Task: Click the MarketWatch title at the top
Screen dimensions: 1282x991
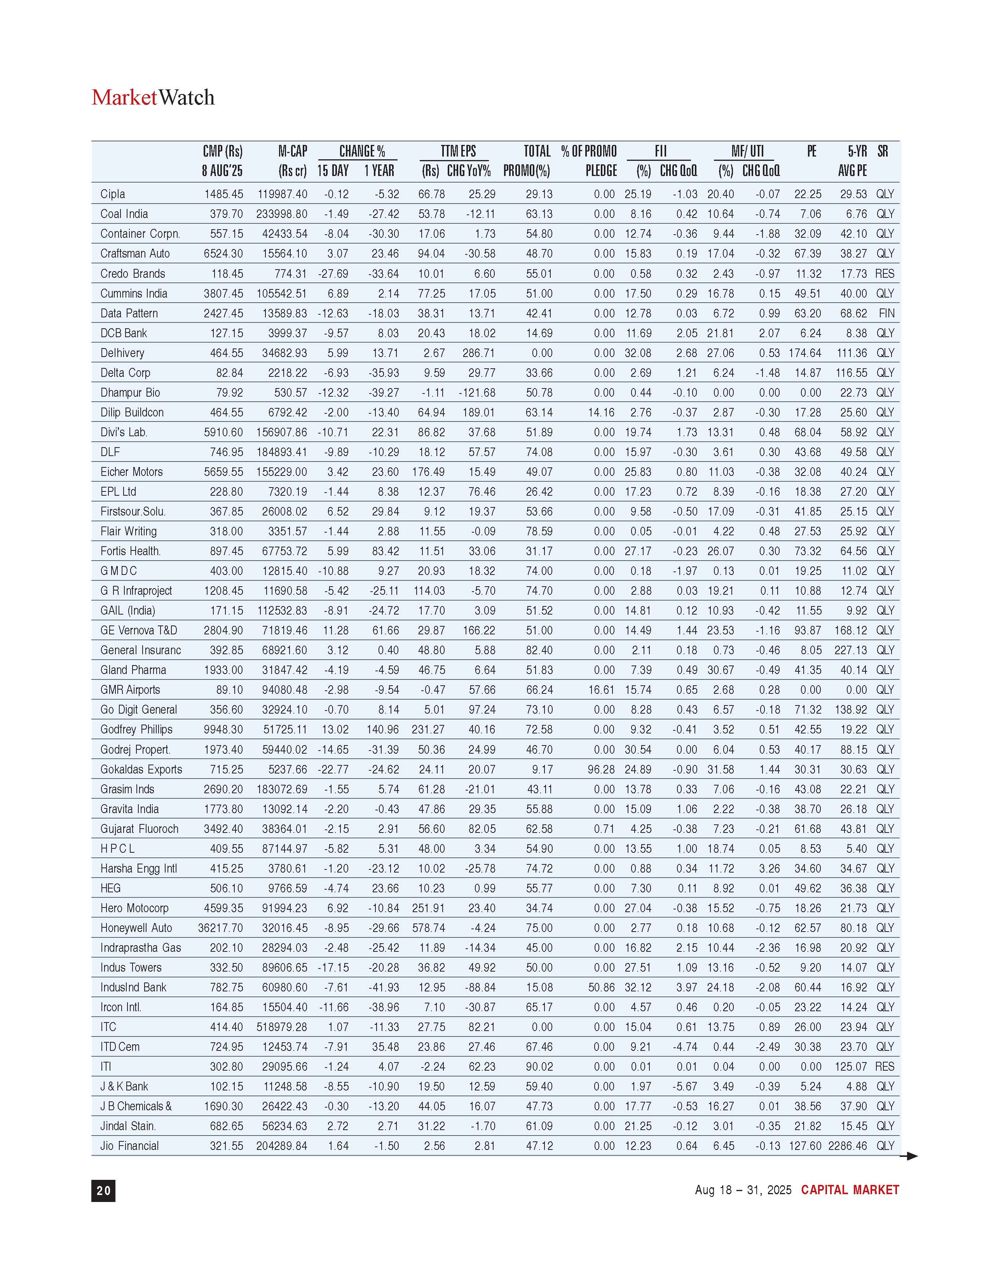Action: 153,98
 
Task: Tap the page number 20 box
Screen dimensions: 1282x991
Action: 103,1190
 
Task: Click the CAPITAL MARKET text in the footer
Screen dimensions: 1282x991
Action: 850,1190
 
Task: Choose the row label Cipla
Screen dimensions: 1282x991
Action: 113,194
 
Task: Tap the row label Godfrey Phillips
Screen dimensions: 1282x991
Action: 136,730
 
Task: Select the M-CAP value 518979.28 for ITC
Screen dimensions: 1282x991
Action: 282,1027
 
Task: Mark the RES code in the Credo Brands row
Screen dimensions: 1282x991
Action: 885,273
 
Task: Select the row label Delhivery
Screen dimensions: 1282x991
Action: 122,353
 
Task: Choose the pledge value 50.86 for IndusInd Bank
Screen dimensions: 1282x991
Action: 601,987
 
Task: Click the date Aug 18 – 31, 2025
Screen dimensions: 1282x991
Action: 743,1190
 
